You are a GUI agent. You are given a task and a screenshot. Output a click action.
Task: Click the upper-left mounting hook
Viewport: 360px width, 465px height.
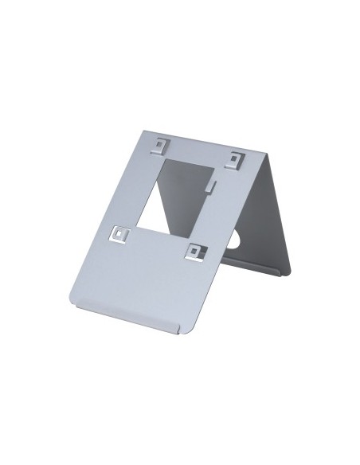[x=162, y=145]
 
